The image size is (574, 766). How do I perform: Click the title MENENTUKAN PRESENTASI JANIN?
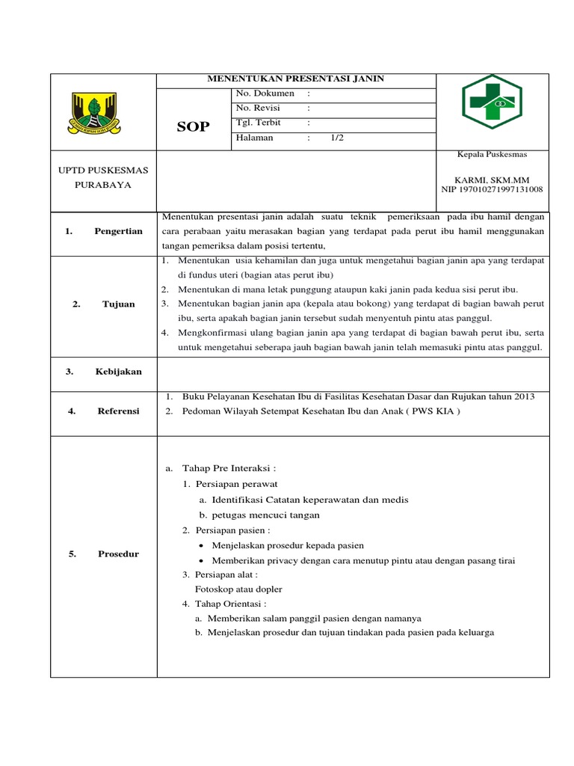tap(295, 79)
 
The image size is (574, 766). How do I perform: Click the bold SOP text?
tap(193, 126)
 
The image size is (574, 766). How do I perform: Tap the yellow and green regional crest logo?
tap(102, 114)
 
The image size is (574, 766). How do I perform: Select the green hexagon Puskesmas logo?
tap(491, 102)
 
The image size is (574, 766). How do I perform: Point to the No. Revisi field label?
tap(258, 108)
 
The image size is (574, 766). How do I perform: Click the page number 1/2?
tap(337, 138)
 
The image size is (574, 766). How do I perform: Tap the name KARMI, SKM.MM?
tap(489, 180)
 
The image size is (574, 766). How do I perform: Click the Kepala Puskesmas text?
tap(492, 154)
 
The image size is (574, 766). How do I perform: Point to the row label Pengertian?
tap(118, 231)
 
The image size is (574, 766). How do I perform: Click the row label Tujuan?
tap(118, 304)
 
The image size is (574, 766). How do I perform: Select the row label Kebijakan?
tap(118, 372)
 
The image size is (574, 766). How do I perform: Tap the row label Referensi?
tap(118, 411)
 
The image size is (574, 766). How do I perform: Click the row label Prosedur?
tap(118, 554)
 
